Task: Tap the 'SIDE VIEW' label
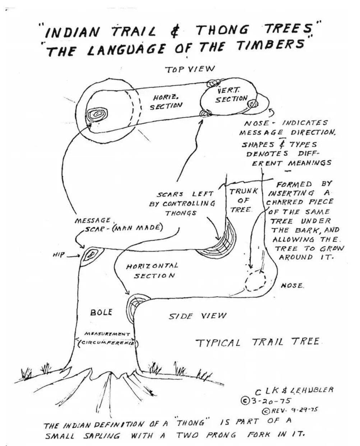[197, 316]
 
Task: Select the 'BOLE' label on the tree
[101, 312]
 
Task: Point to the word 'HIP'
[59, 255]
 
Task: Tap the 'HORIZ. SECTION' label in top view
[166, 102]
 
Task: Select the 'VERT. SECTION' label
[231, 96]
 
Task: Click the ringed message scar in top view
[97, 114]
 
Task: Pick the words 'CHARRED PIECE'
[300, 202]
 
